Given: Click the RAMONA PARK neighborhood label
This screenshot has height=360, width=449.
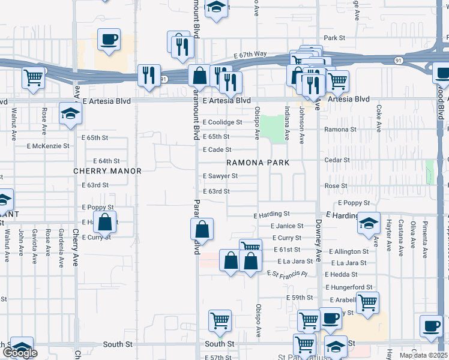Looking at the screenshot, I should (258, 163).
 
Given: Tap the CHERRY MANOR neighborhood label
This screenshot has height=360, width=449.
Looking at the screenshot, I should (107, 171).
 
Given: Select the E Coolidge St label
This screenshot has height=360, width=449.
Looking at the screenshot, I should (222, 122).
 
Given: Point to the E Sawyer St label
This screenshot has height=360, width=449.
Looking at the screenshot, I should (220, 176).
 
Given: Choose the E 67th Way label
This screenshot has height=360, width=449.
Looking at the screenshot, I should (250, 55).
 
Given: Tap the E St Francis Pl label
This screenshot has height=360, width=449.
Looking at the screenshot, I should (287, 273).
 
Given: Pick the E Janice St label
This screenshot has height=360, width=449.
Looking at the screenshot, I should (287, 226).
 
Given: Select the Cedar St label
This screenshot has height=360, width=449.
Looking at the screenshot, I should (337, 160).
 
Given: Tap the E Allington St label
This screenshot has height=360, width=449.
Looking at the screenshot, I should (349, 251).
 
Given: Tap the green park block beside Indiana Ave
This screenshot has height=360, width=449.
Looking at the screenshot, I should (274, 128).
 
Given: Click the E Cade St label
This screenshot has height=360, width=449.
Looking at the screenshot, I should (217, 150).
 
